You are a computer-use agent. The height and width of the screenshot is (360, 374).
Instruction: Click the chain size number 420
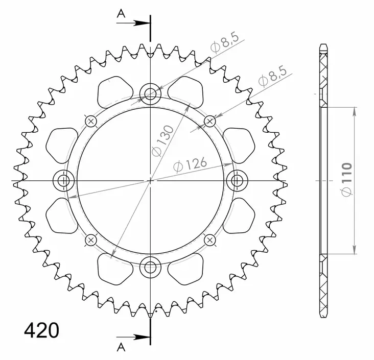coord(41,330)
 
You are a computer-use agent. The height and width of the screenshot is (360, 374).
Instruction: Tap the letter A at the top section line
coord(121,14)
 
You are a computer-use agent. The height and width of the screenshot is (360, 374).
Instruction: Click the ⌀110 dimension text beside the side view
coord(346,179)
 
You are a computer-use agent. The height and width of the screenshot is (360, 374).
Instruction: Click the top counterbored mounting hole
coord(150,93)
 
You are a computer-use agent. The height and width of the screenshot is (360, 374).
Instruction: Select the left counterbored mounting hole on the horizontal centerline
coord(64,180)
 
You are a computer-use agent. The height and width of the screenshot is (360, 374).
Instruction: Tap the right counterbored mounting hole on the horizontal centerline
coord(237,180)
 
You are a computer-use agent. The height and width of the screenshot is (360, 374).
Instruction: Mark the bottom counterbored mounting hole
coord(150,267)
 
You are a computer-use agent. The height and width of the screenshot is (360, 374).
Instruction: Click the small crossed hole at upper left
coord(91,121)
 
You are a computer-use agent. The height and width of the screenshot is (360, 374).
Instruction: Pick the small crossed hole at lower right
coord(209,239)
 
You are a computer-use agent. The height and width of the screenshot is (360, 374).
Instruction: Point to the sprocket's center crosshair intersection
coord(150,180)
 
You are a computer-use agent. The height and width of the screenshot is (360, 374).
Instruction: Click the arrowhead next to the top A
coord(143,23)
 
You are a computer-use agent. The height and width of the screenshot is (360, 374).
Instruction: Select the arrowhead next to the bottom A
coord(143,337)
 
